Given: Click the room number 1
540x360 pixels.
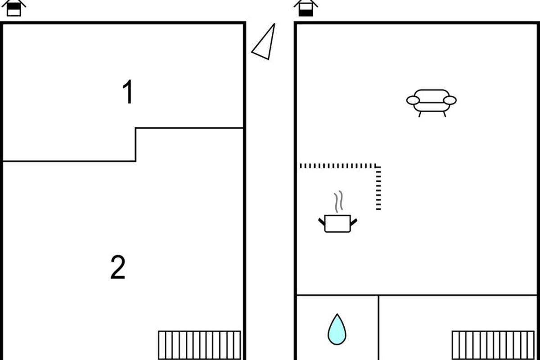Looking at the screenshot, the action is tap(128, 92).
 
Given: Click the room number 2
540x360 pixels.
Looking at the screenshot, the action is tap(118, 267).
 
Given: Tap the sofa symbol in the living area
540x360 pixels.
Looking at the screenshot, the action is tap(432, 103).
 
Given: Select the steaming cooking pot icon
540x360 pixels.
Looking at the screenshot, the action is tap(337, 212).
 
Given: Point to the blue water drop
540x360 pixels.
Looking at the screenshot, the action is tap(337, 329).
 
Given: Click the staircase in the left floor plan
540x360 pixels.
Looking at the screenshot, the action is tap(199, 345).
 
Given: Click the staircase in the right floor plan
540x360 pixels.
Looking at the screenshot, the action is tap(493, 345).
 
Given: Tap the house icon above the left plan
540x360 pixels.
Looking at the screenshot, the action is tap(14, 8).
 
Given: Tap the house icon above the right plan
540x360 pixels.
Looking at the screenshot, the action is tap(306, 8).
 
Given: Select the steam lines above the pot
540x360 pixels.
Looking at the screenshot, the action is tap(338, 202).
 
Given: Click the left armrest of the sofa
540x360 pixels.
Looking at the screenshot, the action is tap(413, 100).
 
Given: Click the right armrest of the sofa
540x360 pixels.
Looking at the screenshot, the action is tap(450, 100).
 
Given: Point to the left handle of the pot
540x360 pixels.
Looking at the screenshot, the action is tap(322, 222).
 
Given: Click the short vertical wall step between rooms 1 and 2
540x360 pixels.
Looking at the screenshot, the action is tap(135, 145).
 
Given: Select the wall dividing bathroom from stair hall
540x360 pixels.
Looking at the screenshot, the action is tap(378, 328).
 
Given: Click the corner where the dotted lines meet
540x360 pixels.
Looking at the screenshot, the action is tap(378, 166).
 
